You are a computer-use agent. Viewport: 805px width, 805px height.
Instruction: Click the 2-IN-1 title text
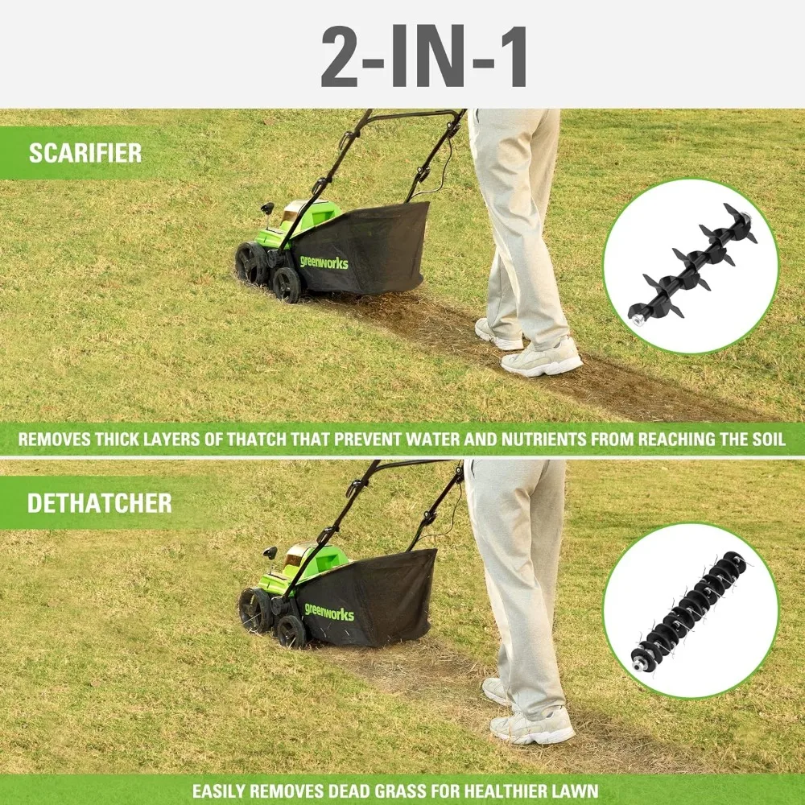coord(424,57)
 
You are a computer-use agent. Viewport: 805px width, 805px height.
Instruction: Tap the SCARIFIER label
coord(85,153)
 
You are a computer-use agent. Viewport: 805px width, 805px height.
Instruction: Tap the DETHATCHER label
coord(99,504)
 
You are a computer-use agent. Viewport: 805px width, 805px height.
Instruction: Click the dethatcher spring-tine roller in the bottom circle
coord(689,611)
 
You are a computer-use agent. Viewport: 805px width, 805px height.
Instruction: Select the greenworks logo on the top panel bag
coord(324,261)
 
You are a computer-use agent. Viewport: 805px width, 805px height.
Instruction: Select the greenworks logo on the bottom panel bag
coord(328,612)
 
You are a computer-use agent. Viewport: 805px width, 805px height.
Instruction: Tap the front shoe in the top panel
coord(541,359)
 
